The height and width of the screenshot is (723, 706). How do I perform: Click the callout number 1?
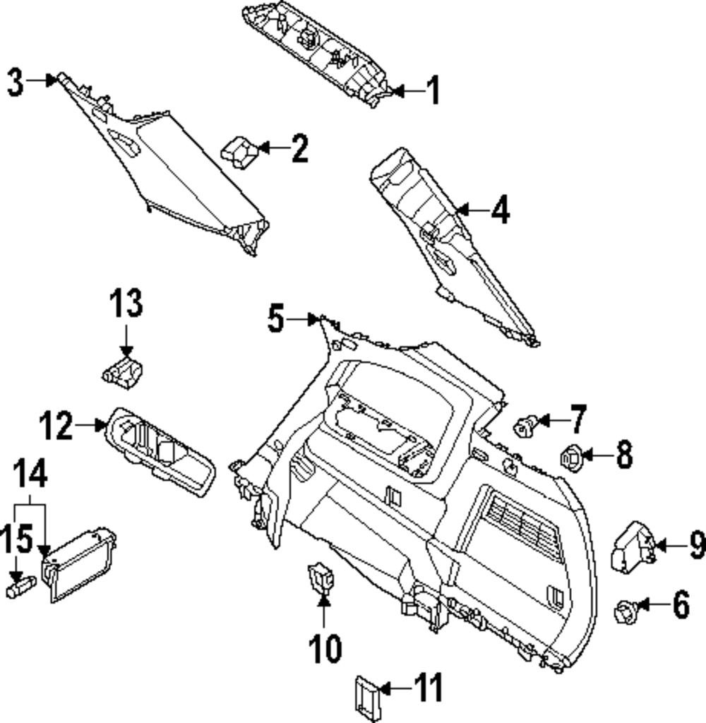click(x=433, y=91)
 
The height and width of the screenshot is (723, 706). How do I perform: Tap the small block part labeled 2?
click(x=239, y=150)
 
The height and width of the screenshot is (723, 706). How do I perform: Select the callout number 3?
click(x=16, y=82)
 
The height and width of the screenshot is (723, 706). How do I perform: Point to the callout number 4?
click(x=500, y=210)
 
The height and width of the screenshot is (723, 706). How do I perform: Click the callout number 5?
click(x=276, y=319)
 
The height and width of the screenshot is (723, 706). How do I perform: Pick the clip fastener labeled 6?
click(x=624, y=609)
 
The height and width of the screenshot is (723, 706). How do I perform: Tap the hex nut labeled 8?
click(x=570, y=458)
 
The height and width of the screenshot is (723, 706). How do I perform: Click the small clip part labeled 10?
click(x=322, y=578)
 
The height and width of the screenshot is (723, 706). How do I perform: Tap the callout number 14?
click(x=31, y=474)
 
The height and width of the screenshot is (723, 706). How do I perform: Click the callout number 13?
click(x=126, y=304)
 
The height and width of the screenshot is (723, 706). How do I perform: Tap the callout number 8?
click(x=624, y=456)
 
